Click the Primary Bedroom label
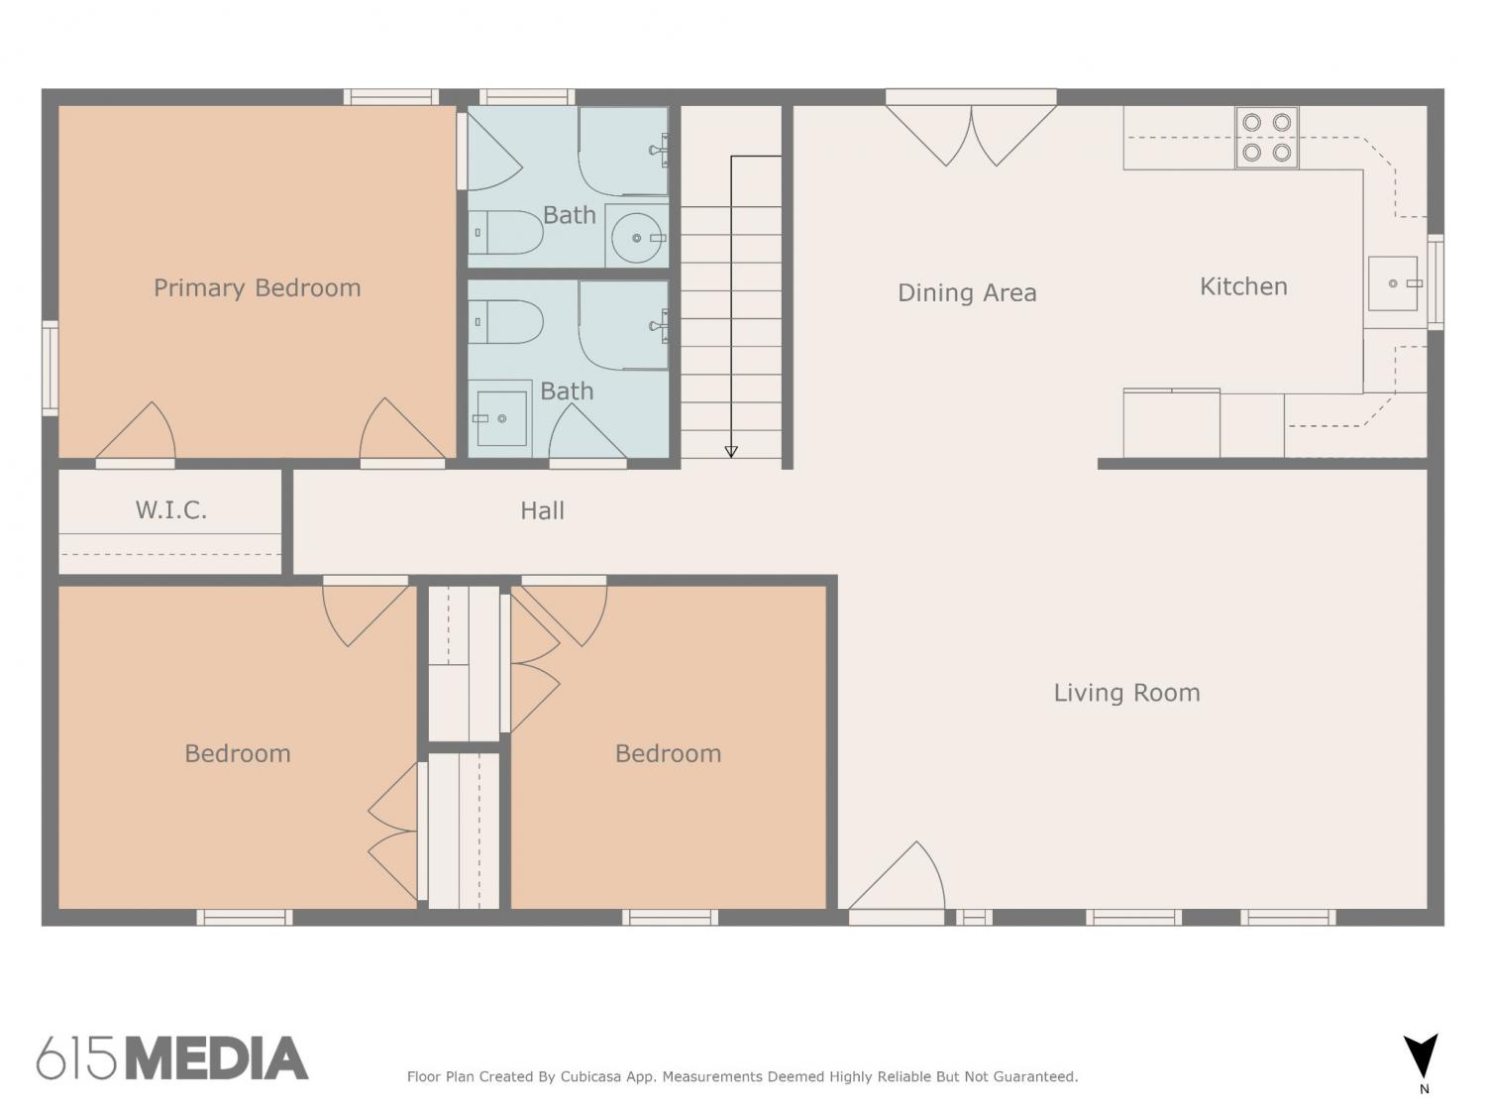click(258, 288)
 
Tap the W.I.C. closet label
click(171, 509)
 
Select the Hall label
click(542, 510)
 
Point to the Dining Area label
click(967, 292)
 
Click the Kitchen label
click(1243, 286)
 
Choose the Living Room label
click(1127, 693)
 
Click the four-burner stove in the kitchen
click(1267, 138)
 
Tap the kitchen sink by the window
click(1393, 283)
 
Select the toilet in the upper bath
click(505, 232)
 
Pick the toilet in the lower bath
click(505, 321)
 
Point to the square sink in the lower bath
click(501, 418)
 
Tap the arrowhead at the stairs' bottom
click(731, 452)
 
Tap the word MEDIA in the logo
click(218, 1059)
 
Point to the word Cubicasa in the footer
click(590, 1076)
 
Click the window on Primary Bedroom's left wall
click(51, 369)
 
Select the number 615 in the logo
click(77, 1059)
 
